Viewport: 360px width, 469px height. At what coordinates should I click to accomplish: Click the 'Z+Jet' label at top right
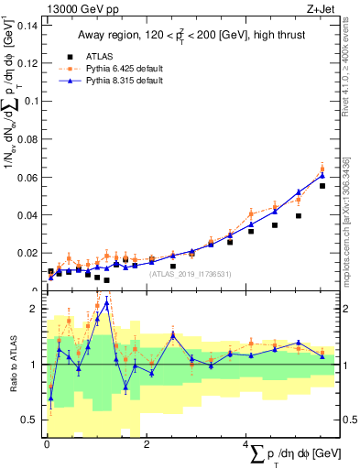coord(317,10)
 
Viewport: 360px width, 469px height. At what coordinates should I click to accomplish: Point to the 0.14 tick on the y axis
coord(27,25)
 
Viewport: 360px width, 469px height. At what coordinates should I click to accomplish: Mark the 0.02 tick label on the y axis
coord(27,252)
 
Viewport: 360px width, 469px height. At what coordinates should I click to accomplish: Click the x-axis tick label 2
coord(147,444)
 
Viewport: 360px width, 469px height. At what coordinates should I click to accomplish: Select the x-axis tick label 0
coord(47,444)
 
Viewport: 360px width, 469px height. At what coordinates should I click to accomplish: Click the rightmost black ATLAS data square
coord(322,186)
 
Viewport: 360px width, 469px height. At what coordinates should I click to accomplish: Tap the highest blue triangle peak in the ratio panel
coord(106,302)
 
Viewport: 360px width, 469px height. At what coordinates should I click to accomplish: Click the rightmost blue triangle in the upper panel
coord(322,174)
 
